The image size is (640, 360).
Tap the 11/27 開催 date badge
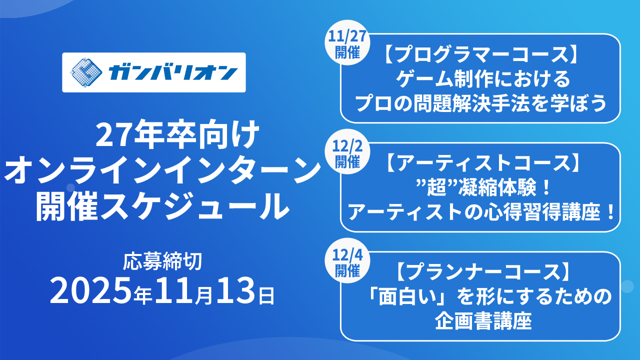[347, 46]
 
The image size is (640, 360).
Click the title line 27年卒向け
[163, 136]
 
